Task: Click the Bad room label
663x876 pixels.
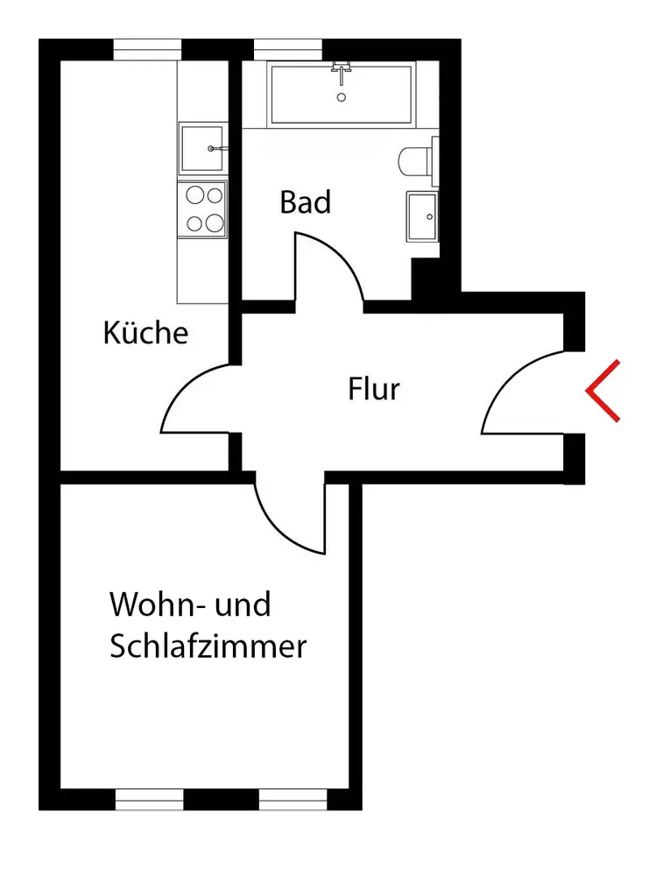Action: [x=306, y=202]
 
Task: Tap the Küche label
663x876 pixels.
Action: [x=145, y=334]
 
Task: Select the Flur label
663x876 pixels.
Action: [x=374, y=388]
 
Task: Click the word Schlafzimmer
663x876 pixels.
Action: [x=208, y=647]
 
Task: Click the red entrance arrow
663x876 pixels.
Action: [x=603, y=391]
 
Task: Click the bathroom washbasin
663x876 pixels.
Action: [x=423, y=215]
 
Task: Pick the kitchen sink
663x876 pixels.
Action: [x=202, y=149]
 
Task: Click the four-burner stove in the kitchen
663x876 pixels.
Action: [x=202, y=208]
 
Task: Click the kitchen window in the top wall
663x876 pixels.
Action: [x=147, y=50]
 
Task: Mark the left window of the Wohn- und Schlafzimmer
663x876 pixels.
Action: [x=150, y=799]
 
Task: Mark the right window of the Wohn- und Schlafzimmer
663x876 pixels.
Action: [x=293, y=799]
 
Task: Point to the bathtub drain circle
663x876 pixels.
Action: [x=342, y=96]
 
